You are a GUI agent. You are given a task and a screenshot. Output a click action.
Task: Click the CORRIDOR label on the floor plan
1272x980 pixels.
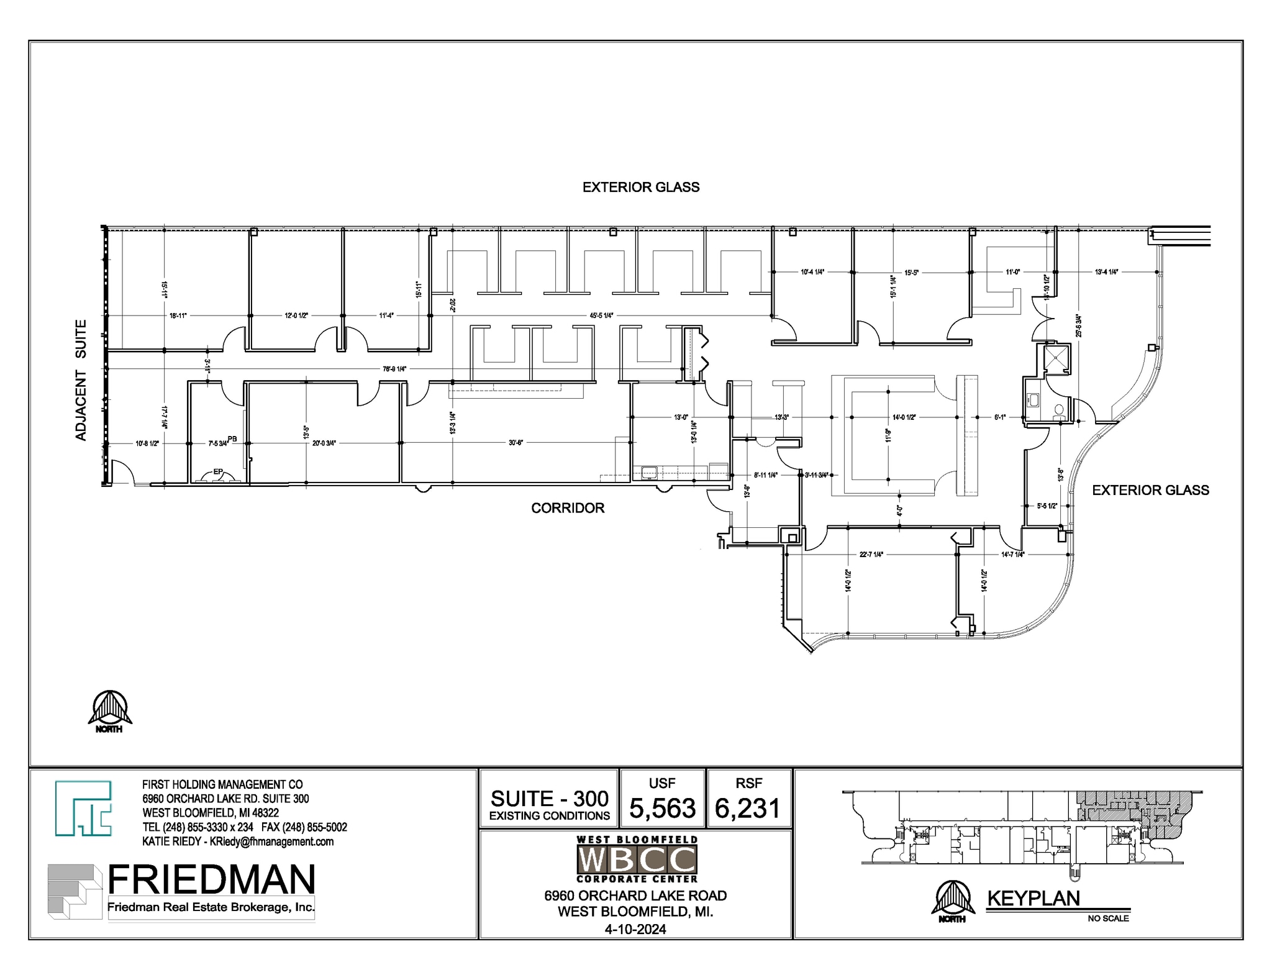coord(567,508)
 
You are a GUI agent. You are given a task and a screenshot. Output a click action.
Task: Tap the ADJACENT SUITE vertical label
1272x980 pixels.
coord(81,380)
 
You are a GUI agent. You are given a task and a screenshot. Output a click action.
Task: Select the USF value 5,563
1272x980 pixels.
coord(662,808)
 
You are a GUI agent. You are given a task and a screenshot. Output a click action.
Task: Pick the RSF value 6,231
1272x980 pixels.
coord(747,808)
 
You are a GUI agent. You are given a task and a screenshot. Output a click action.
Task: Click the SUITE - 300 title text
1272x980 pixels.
coord(550,799)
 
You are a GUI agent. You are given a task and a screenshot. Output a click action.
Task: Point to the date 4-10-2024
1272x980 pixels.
coord(635,929)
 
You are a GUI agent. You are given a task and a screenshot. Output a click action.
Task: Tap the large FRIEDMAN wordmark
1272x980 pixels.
coord(211,879)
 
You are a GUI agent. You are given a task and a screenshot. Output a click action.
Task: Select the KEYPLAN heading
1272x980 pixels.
coord(1033,899)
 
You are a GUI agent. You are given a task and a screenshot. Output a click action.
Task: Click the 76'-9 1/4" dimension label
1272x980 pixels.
coord(394,369)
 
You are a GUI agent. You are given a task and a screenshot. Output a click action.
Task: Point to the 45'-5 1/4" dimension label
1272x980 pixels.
coord(601,315)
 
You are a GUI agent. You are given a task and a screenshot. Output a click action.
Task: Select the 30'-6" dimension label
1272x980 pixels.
coord(516,443)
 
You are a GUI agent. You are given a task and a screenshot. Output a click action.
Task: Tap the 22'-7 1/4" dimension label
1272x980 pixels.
coord(871,555)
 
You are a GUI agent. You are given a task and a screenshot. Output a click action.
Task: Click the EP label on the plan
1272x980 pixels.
coord(217,472)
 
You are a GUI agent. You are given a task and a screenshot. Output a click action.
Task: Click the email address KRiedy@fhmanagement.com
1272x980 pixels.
coord(271,842)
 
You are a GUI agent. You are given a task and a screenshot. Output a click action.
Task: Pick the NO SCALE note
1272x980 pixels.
coord(1108,919)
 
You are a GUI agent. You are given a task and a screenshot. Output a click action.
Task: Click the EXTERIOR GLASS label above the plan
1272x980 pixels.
coord(640,187)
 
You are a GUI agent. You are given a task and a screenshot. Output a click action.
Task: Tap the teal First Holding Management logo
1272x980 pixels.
coord(83,808)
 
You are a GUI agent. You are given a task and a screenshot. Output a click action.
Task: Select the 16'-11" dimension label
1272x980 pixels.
coord(178,315)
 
